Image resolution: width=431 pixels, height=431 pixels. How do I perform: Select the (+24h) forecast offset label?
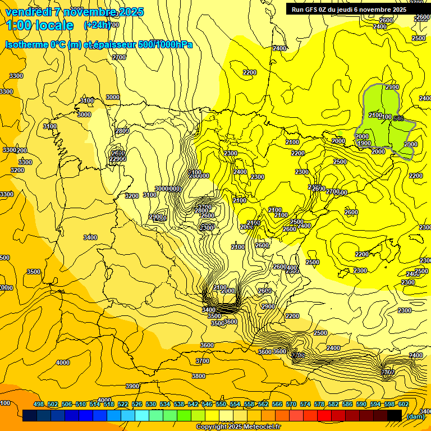tap(97, 25)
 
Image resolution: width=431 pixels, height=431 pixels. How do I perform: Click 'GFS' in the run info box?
tap(316, 10)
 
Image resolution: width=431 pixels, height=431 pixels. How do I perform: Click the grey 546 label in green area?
tap(398, 118)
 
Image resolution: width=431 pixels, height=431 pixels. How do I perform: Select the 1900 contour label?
tap(364, 144)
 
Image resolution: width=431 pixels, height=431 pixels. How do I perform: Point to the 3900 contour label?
tap(132, 386)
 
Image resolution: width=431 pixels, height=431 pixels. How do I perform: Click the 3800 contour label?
tap(198, 376)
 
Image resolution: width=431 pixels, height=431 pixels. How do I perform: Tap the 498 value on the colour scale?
tap(39, 404)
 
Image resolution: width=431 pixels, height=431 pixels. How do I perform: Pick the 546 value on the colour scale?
tap(207, 404)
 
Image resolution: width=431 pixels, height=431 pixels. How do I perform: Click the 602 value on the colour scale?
tap(404, 404)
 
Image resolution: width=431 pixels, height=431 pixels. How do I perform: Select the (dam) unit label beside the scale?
tap(415, 416)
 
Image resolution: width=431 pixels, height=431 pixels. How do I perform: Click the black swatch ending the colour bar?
tap(395, 415)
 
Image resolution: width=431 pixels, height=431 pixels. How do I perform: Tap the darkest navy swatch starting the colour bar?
tap(30, 415)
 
